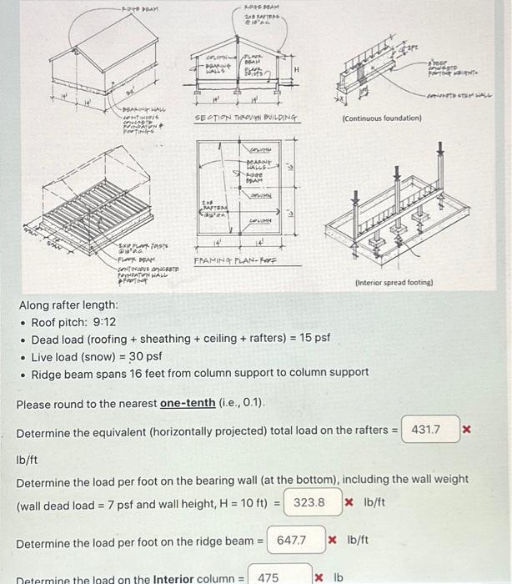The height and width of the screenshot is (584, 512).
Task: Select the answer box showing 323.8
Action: click(x=312, y=503)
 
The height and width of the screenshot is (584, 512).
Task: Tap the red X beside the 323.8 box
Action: click(x=350, y=503)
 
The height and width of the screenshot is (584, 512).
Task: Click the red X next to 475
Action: click(x=318, y=576)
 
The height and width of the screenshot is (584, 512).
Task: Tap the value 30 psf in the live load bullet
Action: click(x=146, y=356)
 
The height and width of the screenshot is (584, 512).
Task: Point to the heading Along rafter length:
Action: click(x=68, y=305)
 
